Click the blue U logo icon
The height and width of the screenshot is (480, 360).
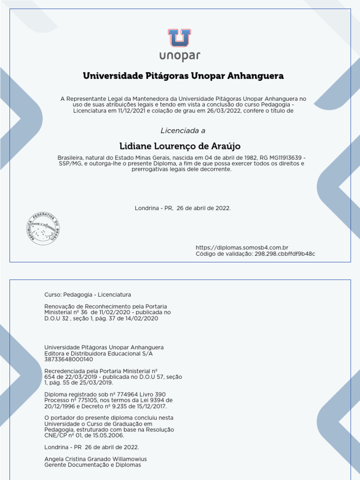pyautogui.click(x=180, y=38)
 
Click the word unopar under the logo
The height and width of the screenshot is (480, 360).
pyautogui.click(x=180, y=56)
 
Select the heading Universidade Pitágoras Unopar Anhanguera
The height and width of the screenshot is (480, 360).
pyautogui.click(x=183, y=76)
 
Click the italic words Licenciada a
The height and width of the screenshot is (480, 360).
pyautogui.click(x=183, y=131)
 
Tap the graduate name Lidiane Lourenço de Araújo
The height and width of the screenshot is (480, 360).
pyautogui.click(x=180, y=146)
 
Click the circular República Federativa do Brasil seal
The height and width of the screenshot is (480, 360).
pyautogui.click(x=43, y=229)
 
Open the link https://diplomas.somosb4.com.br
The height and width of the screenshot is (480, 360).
pyautogui.click(x=242, y=247)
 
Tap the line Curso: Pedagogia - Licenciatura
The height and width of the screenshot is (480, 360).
pyautogui.click(x=88, y=294)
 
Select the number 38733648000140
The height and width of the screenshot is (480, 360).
pyautogui.click(x=68, y=360)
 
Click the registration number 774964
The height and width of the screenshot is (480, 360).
pyautogui.click(x=120, y=394)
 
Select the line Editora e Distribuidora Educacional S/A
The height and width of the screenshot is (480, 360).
pyautogui.click(x=98, y=353)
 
